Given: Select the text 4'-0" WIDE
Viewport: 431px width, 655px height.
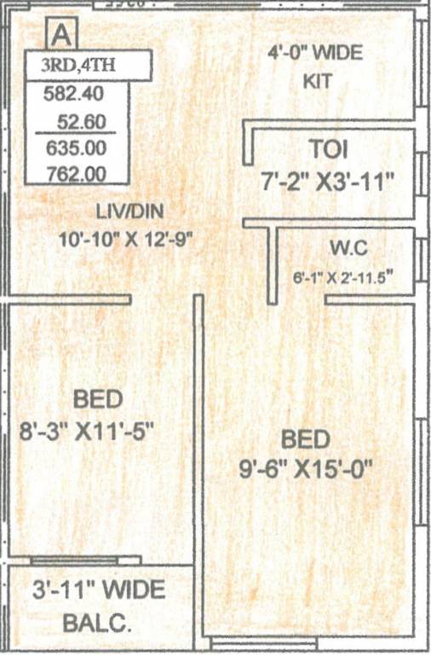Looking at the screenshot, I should pyautogui.click(x=315, y=53).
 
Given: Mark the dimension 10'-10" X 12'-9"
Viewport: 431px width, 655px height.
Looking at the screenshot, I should pyautogui.click(x=128, y=240).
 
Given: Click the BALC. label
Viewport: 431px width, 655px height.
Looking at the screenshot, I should pyautogui.click(x=98, y=623).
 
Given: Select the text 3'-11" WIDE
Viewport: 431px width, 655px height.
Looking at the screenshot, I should pyautogui.click(x=97, y=589).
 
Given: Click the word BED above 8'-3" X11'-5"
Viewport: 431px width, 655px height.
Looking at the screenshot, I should pyautogui.click(x=98, y=398).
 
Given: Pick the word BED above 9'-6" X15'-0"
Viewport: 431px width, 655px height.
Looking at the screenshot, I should pyautogui.click(x=305, y=439).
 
